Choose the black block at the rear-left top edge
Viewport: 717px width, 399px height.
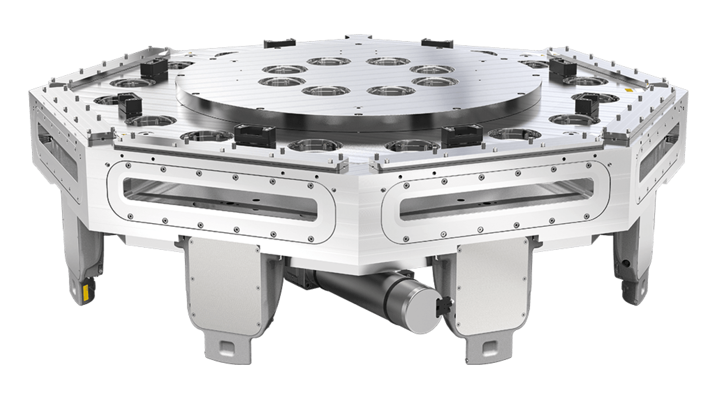tap(279, 42)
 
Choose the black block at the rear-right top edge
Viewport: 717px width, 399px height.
tap(437, 42)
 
